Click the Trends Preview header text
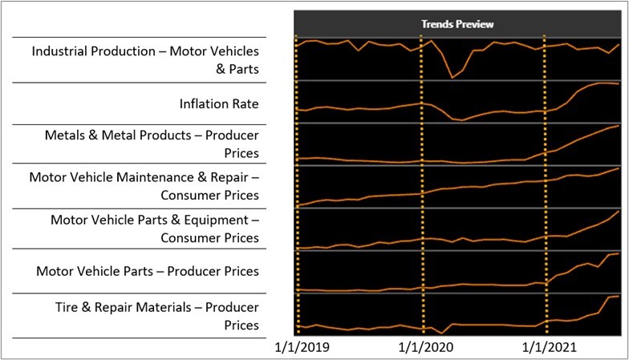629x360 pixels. (x=457, y=24)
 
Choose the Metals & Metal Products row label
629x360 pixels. (x=152, y=144)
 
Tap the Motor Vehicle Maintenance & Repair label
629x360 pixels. (x=144, y=185)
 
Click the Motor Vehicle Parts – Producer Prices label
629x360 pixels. (x=148, y=271)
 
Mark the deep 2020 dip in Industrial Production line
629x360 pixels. (x=452, y=77)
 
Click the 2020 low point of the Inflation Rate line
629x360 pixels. (x=461, y=120)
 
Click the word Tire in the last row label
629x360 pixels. (x=67, y=307)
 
